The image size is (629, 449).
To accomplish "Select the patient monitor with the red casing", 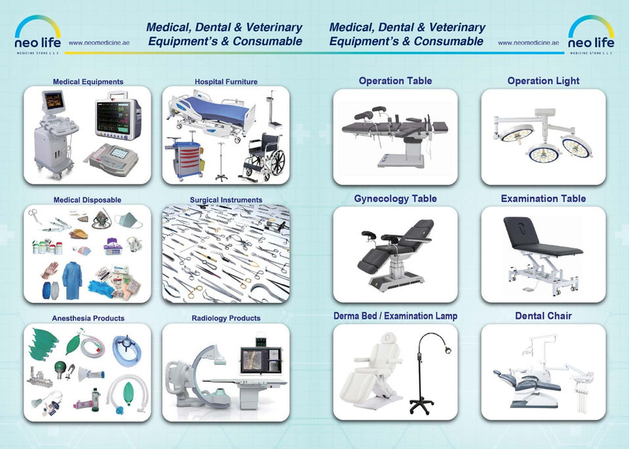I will [x=117, y=115].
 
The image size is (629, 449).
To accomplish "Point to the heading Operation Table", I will [x=395, y=81].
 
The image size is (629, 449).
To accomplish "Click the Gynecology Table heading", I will [x=395, y=198].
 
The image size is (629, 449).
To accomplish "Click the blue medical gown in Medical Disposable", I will [x=72, y=280].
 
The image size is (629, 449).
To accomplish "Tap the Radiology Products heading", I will [x=225, y=318].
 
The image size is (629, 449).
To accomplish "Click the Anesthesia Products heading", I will [x=88, y=318].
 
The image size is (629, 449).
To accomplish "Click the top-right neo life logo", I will [x=590, y=34].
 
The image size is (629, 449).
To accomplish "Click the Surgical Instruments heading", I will [x=225, y=200].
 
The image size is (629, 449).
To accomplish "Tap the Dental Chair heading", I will [x=543, y=315].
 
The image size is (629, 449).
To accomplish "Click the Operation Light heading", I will [x=543, y=81].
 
